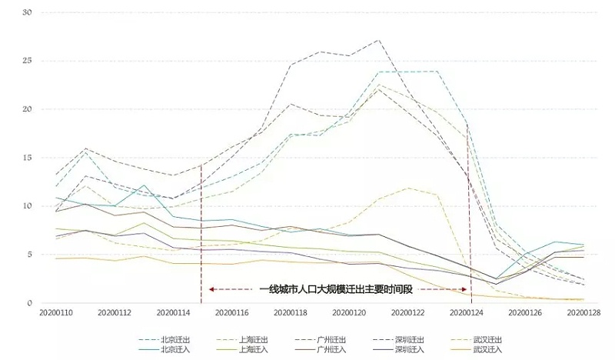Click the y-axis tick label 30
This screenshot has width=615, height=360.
[27, 12]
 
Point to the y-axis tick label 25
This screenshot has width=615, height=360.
[27, 61]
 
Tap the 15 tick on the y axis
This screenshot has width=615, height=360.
[27, 158]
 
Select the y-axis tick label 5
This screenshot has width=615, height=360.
[28, 255]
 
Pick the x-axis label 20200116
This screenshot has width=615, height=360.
[231, 313]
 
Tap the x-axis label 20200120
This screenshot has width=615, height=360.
[349, 313]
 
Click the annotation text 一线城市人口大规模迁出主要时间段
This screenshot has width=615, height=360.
[336, 290]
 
